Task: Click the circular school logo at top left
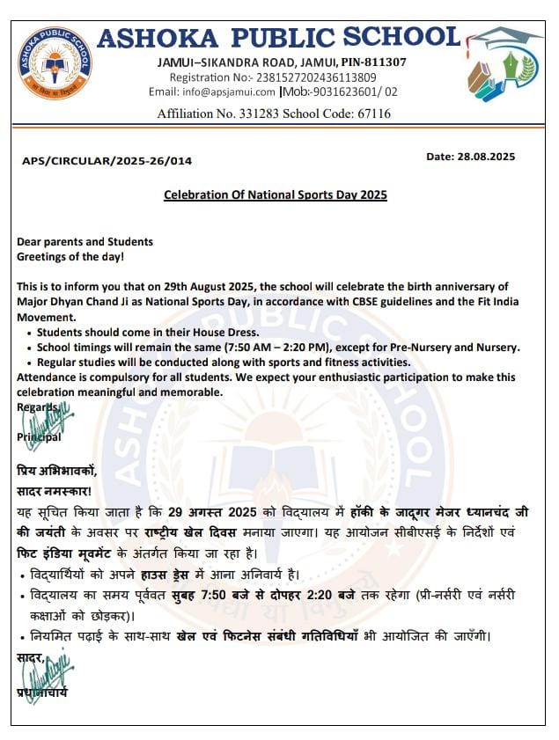tap(55, 63)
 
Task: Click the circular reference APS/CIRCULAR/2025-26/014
tap(107, 160)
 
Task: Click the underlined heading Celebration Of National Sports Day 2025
tap(276, 194)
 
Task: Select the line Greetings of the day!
tap(70, 257)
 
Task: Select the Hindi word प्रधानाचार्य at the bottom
tap(41, 692)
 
